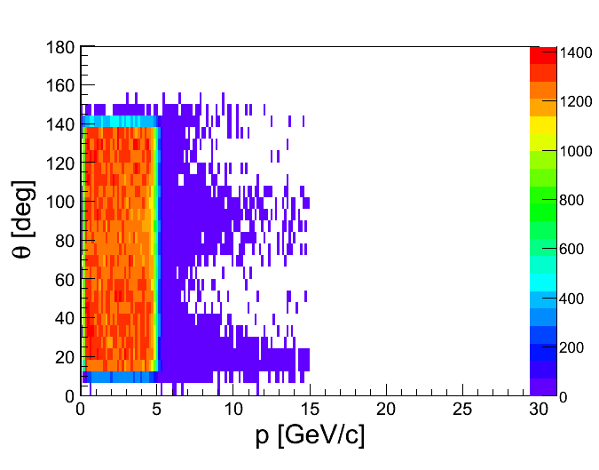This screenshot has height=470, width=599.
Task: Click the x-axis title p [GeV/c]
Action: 310,436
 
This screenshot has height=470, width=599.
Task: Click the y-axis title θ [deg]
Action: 24,219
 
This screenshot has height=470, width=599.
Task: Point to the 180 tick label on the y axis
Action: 59,48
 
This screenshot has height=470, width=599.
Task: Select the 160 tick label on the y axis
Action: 59,86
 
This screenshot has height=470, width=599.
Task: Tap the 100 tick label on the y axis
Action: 59,202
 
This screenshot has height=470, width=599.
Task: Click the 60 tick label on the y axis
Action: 63,279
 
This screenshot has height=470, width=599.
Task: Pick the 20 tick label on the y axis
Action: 63,356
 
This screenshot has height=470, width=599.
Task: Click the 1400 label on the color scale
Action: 575,53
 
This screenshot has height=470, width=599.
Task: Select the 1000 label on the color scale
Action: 575,152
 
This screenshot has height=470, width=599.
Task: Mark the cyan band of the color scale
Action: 542,281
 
